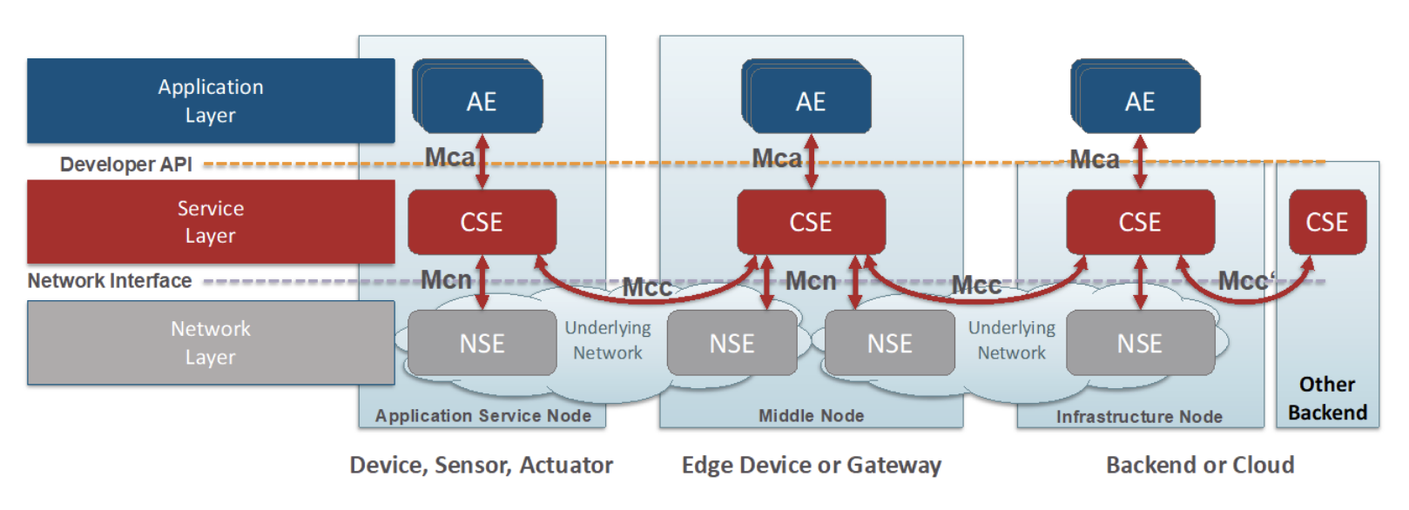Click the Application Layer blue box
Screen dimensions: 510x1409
(211, 101)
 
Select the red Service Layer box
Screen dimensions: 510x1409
(211, 222)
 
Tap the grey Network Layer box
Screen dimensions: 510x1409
(211, 343)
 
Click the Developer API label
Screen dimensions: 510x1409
(126, 164)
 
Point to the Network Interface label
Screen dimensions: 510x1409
(110, 281)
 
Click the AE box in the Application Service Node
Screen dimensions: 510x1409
(482, 101)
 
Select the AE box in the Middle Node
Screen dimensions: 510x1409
(811, 101)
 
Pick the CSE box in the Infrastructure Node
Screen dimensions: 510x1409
(1140, 222)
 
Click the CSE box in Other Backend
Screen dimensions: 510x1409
(1327, 222)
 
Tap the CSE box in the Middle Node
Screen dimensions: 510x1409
(811, 222)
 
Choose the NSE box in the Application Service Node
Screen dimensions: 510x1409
(482, 343)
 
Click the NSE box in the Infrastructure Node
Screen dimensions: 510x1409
(1140, 343)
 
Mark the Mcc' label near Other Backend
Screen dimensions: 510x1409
(1246, 281)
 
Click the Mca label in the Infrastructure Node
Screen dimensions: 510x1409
(1095, 159)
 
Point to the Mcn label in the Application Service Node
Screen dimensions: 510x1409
(446, 280)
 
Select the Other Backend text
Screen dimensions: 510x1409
(1327, 399)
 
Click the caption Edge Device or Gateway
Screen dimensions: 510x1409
(812, 466)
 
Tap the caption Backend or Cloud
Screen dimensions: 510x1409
(1200, 466)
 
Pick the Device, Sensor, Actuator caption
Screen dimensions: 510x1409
(482, 466)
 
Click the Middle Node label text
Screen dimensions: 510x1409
(812, 416)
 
